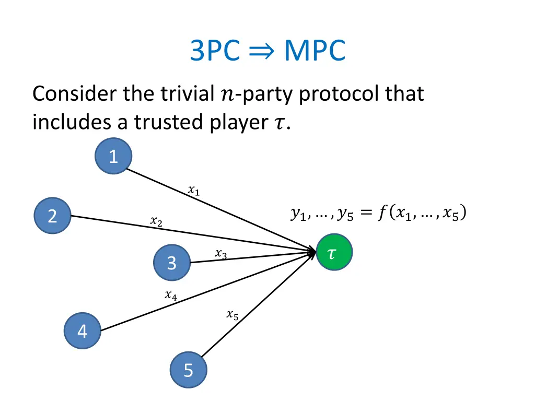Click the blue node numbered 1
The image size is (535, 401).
click(x=113, y=156)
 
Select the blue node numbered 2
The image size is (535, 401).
click(x=52, y=216)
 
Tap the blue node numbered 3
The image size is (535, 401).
click(x=172, y=263)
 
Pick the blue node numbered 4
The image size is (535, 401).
click(x=83, y=331)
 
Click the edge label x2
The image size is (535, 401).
click(x=156, y=222)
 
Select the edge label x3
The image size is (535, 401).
click(x=220, y=254)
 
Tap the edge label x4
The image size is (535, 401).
click(x=171, y=296)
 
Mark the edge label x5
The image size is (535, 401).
click(x=232, y=315)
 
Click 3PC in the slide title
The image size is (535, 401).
click(x=215, y=51)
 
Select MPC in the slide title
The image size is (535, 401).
click(x=314, y=51)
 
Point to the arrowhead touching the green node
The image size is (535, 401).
click(x=313, y=253)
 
